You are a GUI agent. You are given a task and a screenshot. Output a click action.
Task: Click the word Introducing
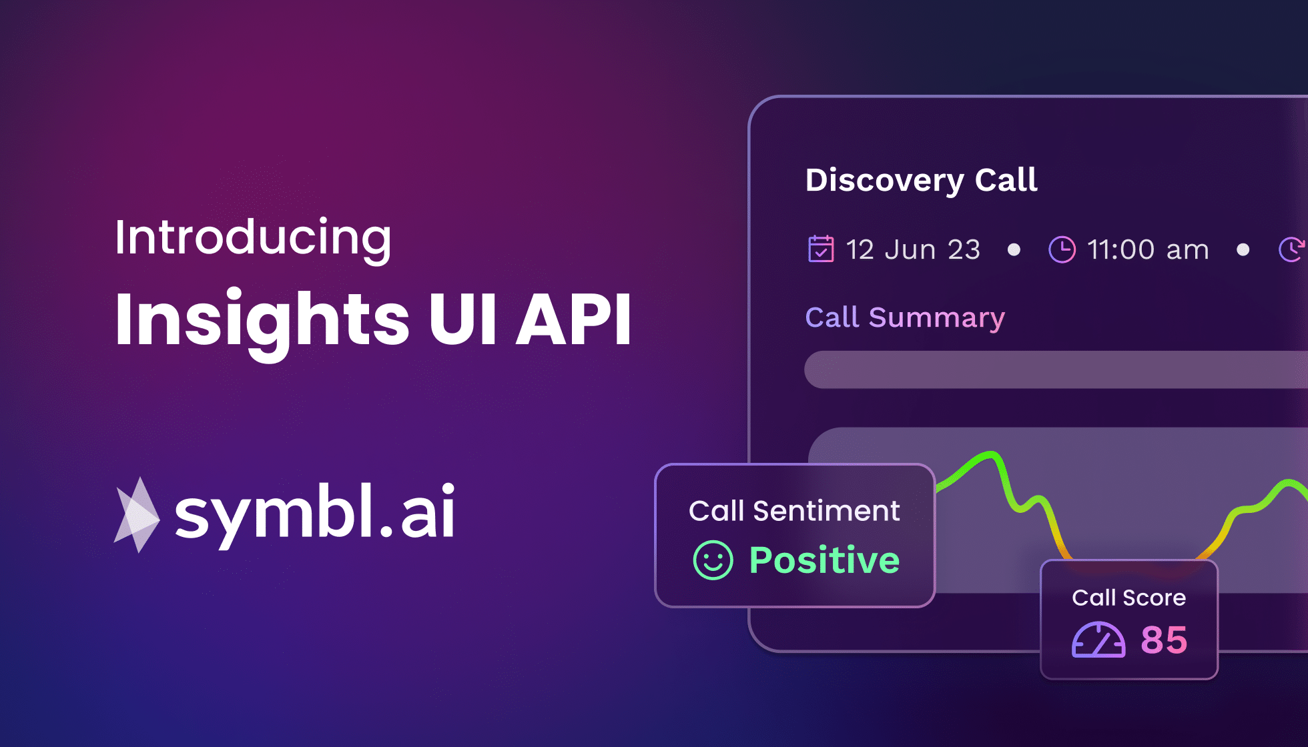click(253, 238)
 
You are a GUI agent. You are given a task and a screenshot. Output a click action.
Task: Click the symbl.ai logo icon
click(137, 515)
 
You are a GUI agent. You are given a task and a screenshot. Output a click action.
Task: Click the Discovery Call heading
click(921, 180)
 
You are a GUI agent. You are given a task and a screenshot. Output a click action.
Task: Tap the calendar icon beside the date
click(821, 249)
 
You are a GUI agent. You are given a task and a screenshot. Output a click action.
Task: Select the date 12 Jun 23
click(913, 250)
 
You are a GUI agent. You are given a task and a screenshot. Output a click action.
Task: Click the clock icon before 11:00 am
click(1062, 250)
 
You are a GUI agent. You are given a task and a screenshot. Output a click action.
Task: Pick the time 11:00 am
click(1148, 250)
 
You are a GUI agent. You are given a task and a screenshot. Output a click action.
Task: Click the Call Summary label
click(905, 317)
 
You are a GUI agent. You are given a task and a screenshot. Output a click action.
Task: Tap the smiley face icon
click(713, 560)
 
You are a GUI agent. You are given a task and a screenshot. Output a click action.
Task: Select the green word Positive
click(824, 560)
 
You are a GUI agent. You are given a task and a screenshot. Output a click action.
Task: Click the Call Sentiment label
click(794, 512)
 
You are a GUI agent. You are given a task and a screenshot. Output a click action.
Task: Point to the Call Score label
click(1128, 598)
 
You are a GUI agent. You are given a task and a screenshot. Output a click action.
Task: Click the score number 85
click(1164, 640)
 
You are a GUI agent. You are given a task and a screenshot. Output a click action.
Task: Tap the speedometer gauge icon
click(1098, 640)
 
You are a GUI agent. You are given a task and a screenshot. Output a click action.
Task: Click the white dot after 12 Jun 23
click(1014, 250)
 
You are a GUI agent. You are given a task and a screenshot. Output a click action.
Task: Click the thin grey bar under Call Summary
click(1054, 369)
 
